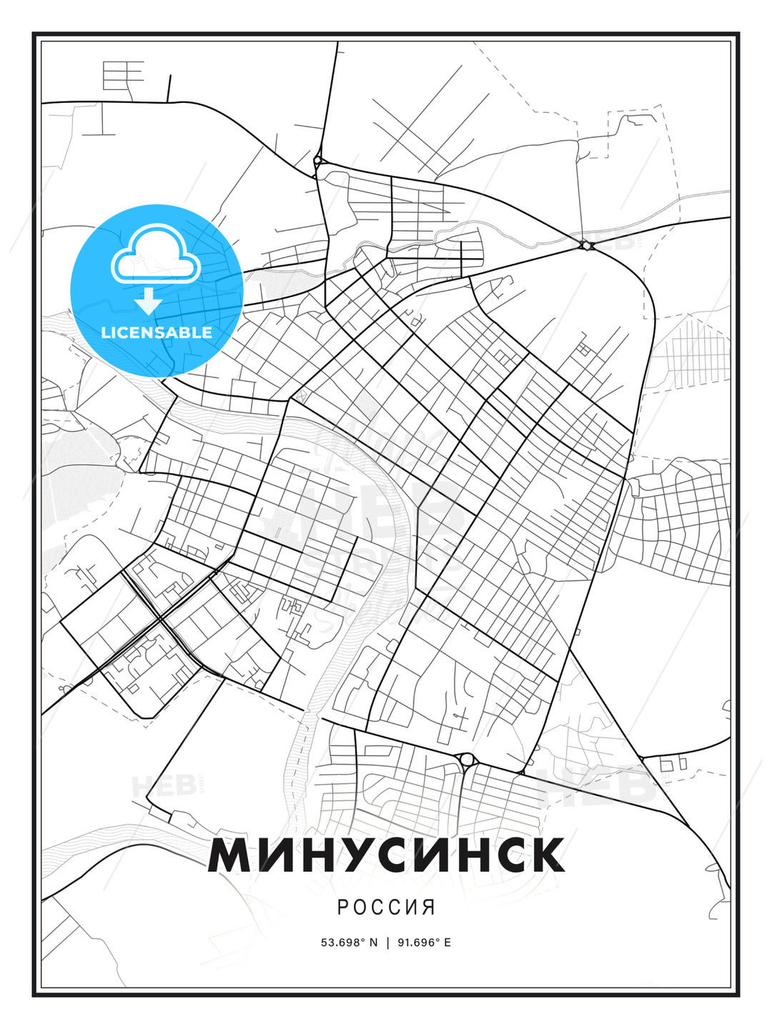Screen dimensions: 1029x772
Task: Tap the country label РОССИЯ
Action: click(386, 908)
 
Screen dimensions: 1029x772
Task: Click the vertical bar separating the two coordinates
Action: click(387, 943)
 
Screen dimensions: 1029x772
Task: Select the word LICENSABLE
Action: click(157, 332)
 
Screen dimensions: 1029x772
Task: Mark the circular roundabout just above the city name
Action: click(467, 759)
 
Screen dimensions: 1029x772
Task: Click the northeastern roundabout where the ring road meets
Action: click(586, 245)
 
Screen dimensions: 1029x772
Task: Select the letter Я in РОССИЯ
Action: click(429, 908)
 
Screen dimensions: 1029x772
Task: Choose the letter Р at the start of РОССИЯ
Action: click(342, 908)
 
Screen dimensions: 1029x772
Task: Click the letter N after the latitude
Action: click(372, 943)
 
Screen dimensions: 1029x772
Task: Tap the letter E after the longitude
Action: click(447, 943)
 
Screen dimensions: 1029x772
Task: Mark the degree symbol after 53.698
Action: click(362, 940)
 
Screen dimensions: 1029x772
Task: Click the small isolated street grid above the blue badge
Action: click(123, 74)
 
